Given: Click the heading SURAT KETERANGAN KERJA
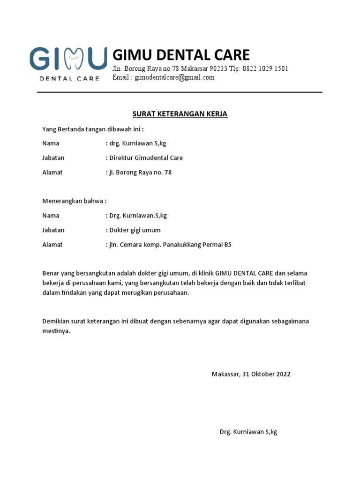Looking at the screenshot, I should pyautogui.click(x=180, y=114).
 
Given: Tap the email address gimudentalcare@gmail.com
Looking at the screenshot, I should pyautogui.click(x=174, y=77).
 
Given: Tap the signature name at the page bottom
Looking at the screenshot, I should pyautogui.click(x=248, y=432).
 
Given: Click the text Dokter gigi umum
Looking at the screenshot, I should pyautogui.click(x=135, y=230).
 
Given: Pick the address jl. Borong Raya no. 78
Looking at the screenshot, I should pyautogui.click(x=140, y=172).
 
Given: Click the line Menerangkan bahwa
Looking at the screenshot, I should pyautogui.click(x=74, y=201).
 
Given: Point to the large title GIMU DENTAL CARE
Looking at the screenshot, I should pyautogui.click(x=181, y=55).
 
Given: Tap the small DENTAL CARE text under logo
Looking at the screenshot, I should pyautogui.click(x=69, y=78).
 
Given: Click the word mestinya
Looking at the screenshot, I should pyautogui.click(x=56, y=331).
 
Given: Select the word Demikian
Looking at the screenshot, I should pyautogui.click(x=55, y=322).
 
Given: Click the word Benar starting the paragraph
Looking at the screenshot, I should pyautogui.click(x=51, y=273).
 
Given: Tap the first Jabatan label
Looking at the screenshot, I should pyautogui.click(x=53, y=158).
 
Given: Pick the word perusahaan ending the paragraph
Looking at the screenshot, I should pyautogui.click(x=169, y=293).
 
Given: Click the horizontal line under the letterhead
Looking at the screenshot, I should pyautogui.click(x=180, y=92).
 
